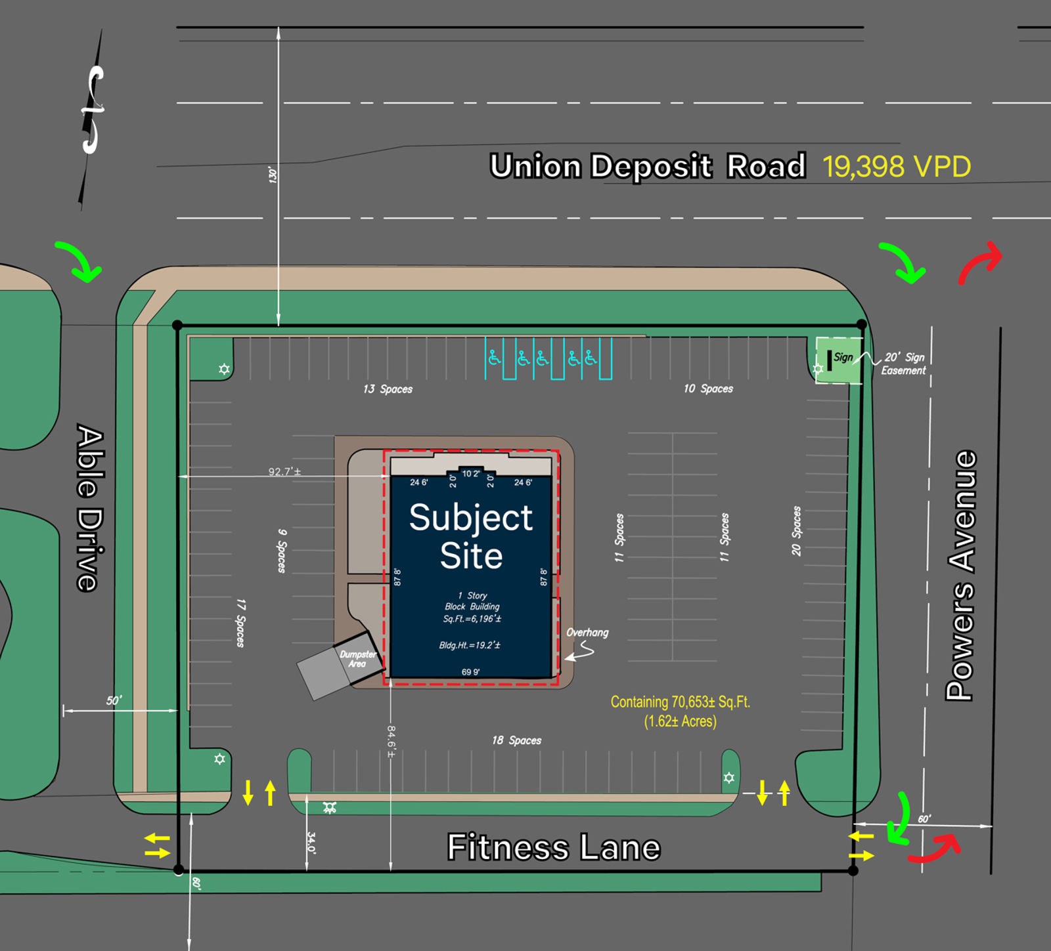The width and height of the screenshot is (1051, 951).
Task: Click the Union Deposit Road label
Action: pos(648,166)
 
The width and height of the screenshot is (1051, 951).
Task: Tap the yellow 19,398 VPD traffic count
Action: pos(897,167)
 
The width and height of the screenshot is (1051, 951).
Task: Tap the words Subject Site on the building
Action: pos(471,536)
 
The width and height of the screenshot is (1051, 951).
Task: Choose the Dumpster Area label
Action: pos(357,659)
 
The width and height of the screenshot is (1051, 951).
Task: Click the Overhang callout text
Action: pos(587,633)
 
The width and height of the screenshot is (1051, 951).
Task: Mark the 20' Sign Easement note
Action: pos(904,364)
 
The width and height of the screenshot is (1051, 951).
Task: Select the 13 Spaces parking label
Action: pos(388,389)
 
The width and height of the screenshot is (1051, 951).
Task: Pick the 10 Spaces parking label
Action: pos(708,389)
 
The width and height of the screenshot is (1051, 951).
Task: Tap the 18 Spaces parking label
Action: pos(516,740)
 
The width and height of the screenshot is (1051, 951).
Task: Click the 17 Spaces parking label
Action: pos(240,623)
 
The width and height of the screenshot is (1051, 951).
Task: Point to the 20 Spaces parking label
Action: pos(796,531)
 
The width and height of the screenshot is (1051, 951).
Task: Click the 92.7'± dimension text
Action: pos(284,471)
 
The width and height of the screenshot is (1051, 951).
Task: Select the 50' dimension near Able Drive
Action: pos(114,700)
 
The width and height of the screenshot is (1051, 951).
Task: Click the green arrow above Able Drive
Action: pos(79,261)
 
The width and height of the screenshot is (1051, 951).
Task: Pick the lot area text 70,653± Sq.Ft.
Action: pos(680,702)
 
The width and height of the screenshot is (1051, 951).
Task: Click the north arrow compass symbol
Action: pos(93,112)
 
